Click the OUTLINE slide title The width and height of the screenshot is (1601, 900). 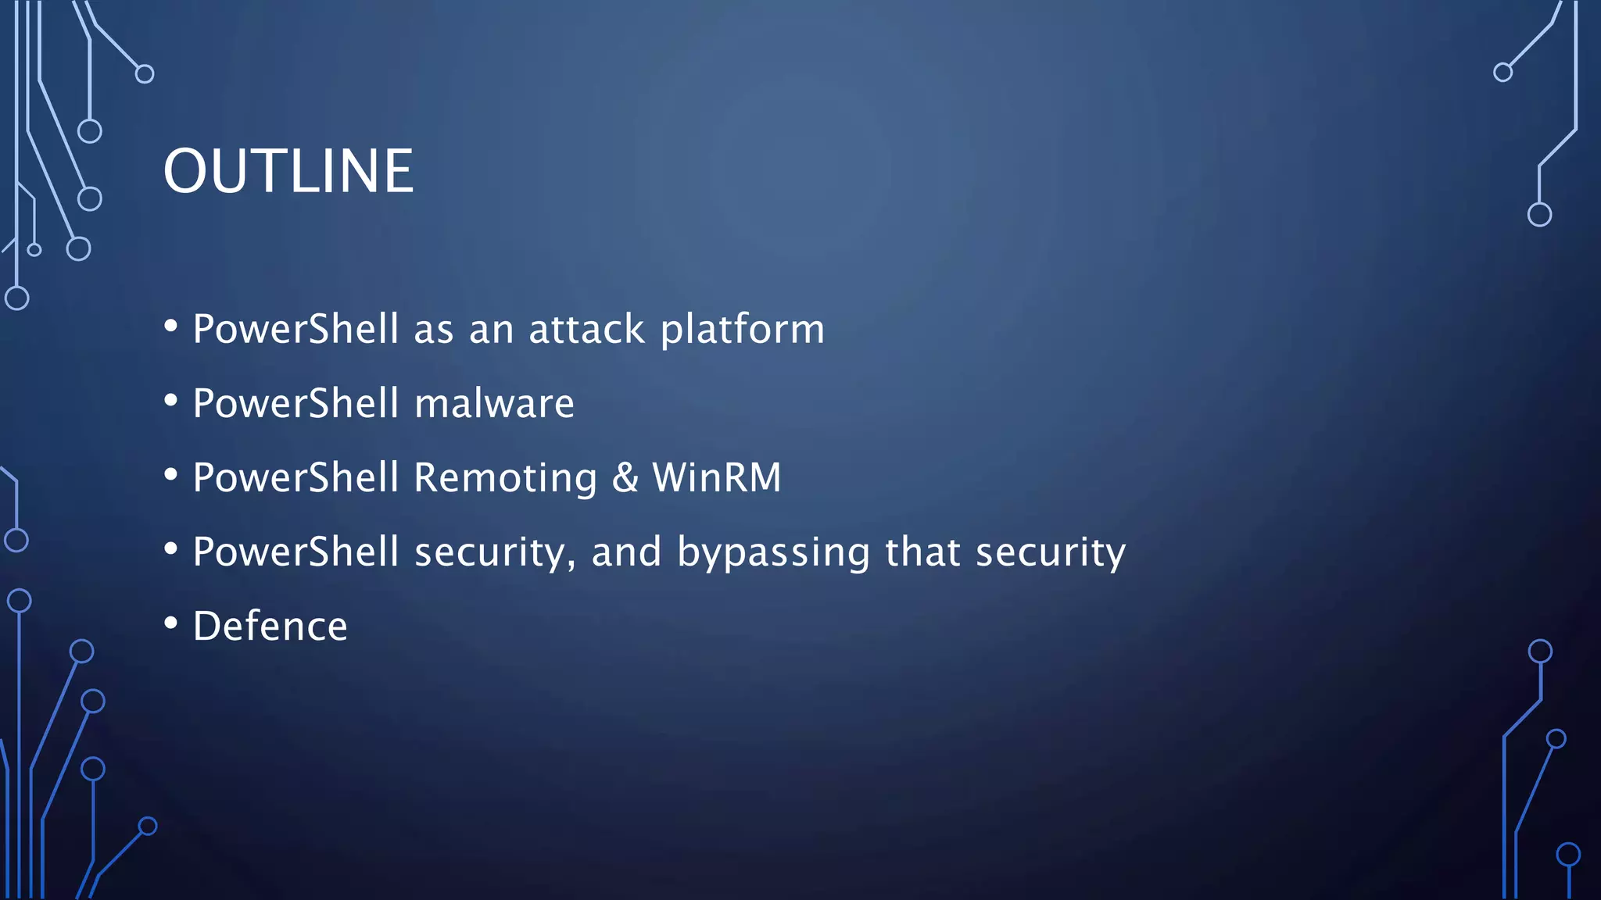pyautogui.click(x=288, y=171)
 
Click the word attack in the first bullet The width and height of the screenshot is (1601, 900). pyautogui.click(x=586, y=329)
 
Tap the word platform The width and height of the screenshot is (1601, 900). pyautogui.click(x=743, y=329)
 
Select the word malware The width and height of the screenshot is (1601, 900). pyautogui.click(x=494, y=403)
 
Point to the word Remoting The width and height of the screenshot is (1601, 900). pyautogui.click(x=505, y=478)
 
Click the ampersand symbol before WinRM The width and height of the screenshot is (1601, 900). pyautogui.click(x=625, y=477)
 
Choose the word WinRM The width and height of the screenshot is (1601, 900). pyautogui.click(x=717, y=477)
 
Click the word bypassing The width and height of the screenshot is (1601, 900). pyautogui.click(x=773, y=552)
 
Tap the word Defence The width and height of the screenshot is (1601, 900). pyautogui.click(x=270, y=627)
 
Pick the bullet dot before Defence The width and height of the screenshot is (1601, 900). pyautogui.click(x=171, y=623)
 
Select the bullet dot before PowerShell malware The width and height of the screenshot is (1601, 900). pyautogui.click(x=171, y=401)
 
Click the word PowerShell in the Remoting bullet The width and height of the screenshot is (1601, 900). pyautogui.click(x=296, y=477)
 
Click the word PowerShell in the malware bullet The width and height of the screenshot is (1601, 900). pyautogui.click(x=296, y=403)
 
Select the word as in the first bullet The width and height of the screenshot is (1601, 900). pyautogui.click(x=434, y=330)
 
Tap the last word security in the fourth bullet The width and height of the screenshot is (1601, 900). pyautogui.click(x=1051, y=552)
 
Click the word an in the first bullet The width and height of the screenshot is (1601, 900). pyautogui.click(x=491, y=330)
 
